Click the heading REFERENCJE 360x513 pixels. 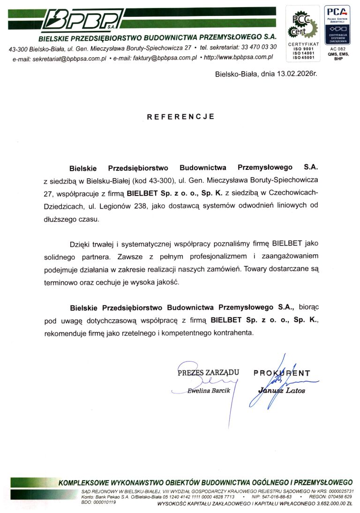pos(180,117)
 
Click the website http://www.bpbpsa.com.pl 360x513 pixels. pos(239,57)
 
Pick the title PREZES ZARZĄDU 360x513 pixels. pos(208,373)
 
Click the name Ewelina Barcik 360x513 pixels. pos(208,391)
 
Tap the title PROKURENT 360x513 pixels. pos(282,373)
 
